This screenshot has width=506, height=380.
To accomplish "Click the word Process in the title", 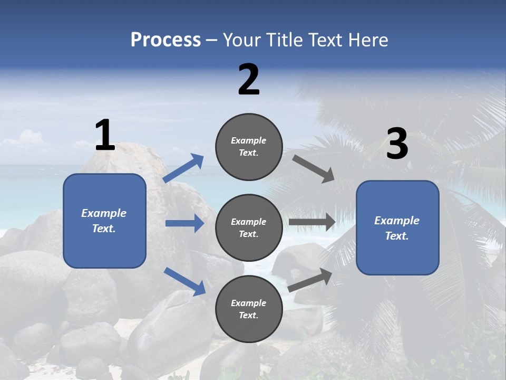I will [x=166, y=40].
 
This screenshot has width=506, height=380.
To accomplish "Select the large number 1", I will [x=105, y=135].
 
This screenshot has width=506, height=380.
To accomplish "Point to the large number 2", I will [x=249, y=80].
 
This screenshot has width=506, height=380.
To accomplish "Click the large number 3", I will [x=397, y=144].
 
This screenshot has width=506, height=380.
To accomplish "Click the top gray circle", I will [x=249, y=147].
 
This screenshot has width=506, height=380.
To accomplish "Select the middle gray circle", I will [x=249, y=227].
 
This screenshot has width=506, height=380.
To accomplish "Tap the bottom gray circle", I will [x=249, y=309].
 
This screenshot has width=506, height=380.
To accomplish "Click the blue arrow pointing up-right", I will [x=183, y=168].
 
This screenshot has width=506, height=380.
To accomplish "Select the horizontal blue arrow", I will [x=184, y=224].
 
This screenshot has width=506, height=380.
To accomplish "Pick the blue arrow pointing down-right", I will [x=184, y=281].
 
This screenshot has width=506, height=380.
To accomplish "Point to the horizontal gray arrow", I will [x=312, y=222].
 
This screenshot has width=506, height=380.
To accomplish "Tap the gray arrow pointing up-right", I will [x=310, y=280].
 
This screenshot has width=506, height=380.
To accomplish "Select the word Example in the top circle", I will [x=249, y=141].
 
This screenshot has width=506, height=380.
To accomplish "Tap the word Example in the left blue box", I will [x=104, y=213].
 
